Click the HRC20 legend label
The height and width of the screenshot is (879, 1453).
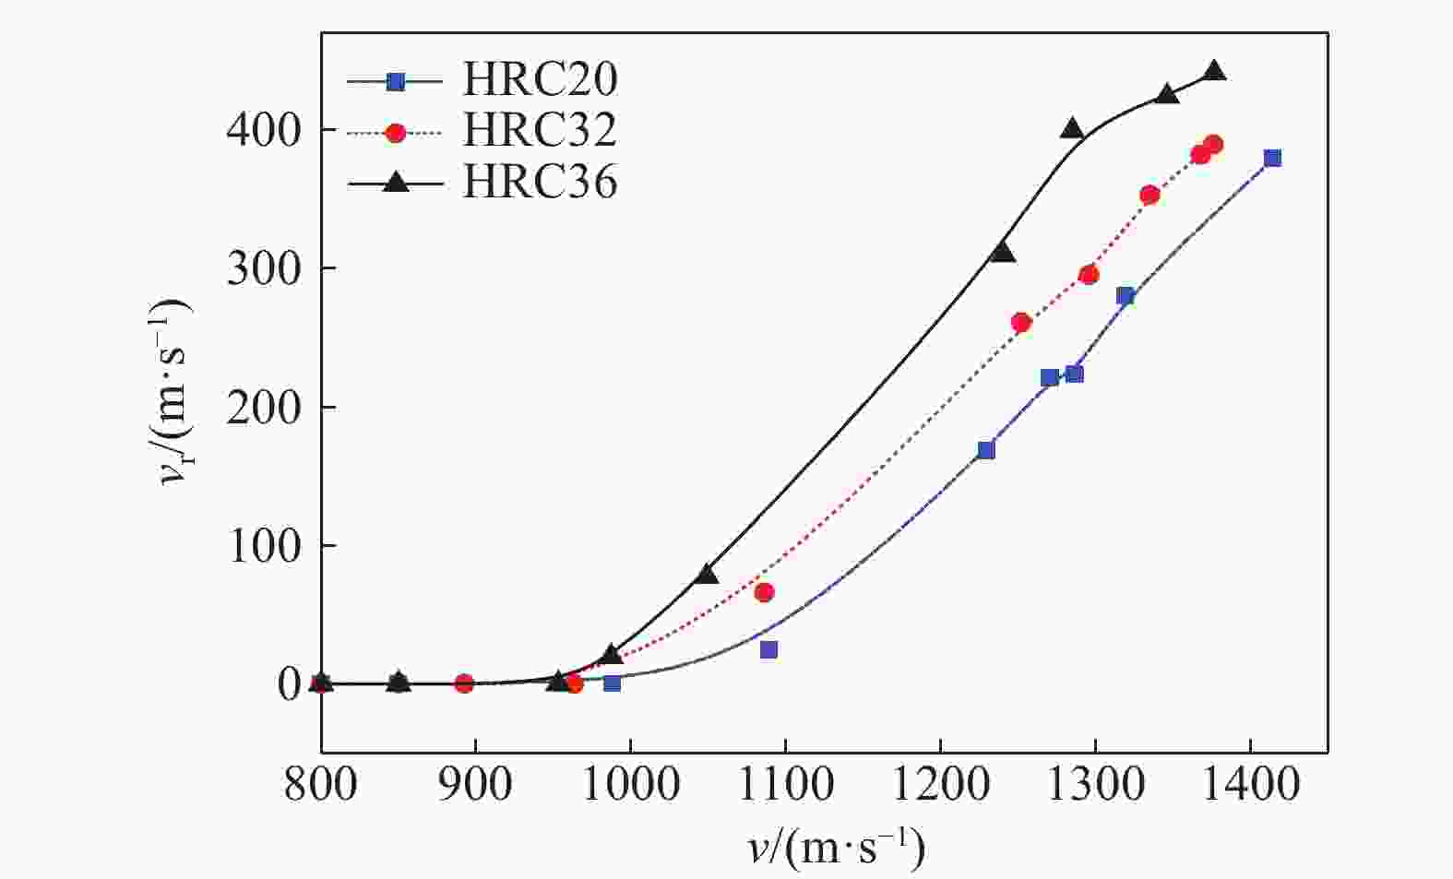[x=540, y=80]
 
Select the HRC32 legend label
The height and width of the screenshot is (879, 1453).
[x=540, y=131]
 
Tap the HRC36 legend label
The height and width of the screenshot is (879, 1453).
[x=540, y=183]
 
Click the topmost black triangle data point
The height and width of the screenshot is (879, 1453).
[x=1215, y=71]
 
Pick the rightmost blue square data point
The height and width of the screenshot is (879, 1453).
[x=1272, y=158]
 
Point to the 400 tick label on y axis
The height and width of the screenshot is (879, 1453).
[x=263, y=130]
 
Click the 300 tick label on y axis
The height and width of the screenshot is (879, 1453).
[x=263, y=268]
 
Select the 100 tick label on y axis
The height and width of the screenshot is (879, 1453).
[x=263, y=545]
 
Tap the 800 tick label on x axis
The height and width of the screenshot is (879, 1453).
[x=321, y=785]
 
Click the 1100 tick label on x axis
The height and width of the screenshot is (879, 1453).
[x=785, y=785]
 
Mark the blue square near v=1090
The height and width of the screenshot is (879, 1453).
[x=768, y=649]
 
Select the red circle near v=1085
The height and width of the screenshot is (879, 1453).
[x=764, y=592]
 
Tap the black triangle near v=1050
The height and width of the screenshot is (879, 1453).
[x=708, y=574]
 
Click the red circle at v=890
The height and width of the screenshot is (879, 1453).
[x=464, y=683]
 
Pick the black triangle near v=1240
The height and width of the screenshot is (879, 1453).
[x=1003, y=253]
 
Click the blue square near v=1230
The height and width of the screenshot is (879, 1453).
[x=986, y=450]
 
